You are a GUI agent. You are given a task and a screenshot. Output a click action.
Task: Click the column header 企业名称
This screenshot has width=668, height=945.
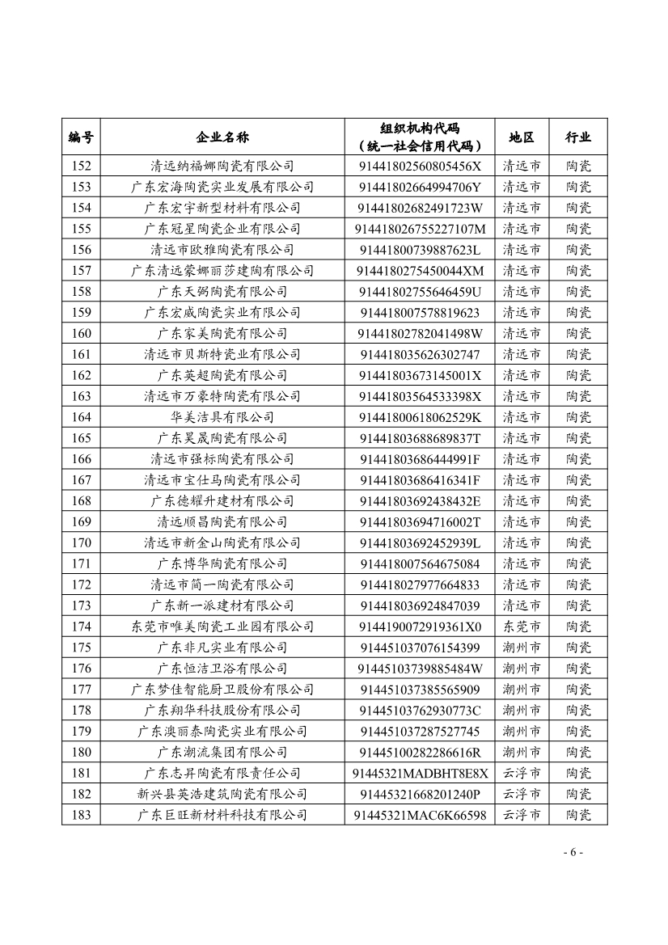point(222,137)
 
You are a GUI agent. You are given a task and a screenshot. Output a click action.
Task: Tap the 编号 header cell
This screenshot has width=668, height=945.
point(81,137)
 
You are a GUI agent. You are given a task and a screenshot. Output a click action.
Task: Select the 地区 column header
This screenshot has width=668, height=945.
point(522,137)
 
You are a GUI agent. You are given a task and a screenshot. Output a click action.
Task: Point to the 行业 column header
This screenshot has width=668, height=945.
point(578,137)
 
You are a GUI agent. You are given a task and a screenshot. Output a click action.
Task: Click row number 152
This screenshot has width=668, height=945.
point(81,166)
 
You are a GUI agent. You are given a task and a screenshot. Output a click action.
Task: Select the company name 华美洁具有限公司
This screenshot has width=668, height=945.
point(222,417)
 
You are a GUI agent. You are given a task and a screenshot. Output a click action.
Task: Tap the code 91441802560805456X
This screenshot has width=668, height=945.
point(420,166)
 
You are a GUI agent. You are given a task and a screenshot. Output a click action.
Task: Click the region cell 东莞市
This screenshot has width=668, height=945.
point(522,626)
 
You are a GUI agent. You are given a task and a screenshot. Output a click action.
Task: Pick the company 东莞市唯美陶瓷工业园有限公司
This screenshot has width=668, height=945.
point(222,626)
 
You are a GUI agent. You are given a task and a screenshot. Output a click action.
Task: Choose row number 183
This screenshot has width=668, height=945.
point(81,815)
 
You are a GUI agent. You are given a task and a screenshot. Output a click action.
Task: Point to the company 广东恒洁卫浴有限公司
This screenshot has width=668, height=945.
point(222,669)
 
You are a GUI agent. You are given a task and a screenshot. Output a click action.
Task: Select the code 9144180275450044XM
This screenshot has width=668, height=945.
point(420,271)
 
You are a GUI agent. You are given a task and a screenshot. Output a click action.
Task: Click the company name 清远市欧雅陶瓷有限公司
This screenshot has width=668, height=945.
point(222,250)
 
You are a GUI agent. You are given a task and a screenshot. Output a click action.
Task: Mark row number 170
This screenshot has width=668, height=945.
point(81,542)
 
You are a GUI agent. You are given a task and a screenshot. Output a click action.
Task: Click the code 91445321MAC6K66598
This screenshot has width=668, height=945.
point(420,815)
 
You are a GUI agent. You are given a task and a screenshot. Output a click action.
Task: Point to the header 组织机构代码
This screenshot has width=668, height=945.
point(420,129)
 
